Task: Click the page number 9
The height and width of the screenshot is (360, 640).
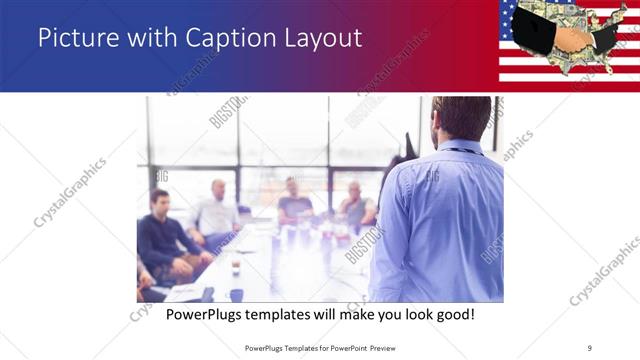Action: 590,347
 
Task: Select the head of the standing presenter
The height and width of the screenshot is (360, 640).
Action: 461,118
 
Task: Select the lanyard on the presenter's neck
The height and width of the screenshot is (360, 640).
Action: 462,151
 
